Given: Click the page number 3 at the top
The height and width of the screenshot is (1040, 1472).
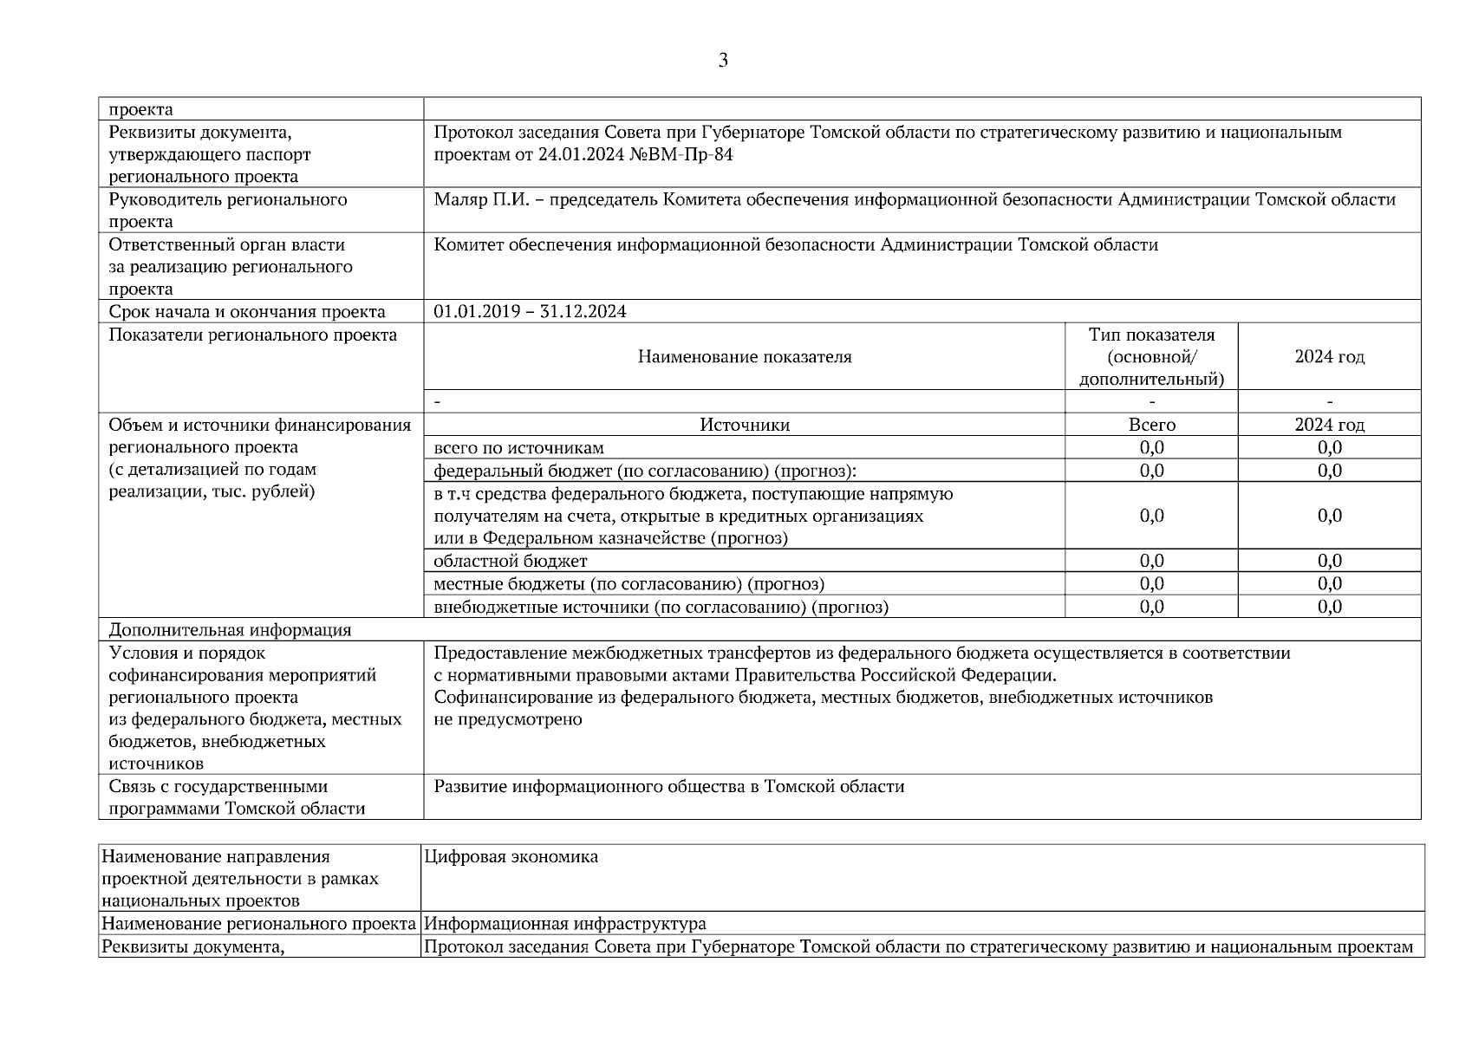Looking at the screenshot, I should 723,61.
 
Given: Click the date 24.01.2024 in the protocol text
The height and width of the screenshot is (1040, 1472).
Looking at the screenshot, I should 578,155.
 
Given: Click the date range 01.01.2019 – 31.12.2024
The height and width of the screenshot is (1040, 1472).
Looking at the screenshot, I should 530,312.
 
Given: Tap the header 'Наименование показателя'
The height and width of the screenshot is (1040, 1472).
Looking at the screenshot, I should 745,357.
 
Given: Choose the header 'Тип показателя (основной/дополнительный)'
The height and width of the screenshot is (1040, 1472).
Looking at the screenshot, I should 1151,357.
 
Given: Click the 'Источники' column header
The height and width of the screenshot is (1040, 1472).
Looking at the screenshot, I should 745,425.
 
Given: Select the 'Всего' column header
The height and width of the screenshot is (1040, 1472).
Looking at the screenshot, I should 1151,425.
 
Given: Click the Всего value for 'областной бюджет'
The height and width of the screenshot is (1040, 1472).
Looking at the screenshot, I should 1151,561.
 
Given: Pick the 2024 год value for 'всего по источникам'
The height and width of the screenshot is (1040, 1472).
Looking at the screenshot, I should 1329,447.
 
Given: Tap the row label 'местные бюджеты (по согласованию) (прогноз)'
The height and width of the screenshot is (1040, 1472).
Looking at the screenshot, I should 629,584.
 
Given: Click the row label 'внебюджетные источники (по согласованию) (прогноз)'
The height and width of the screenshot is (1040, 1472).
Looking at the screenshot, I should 661,607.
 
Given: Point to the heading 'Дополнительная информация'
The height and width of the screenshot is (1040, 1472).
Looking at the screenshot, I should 230,630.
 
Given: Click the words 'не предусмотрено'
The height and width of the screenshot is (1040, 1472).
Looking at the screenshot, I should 508,719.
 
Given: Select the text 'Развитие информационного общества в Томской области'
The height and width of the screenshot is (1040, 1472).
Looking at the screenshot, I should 668,787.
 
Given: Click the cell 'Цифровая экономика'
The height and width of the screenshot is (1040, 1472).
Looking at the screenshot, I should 511,857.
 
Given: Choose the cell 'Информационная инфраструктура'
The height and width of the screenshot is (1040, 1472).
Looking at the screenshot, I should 565,924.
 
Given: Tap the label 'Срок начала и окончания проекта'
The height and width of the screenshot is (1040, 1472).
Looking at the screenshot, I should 247,312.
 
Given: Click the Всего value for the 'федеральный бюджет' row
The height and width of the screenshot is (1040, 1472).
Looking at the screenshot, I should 1151,471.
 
